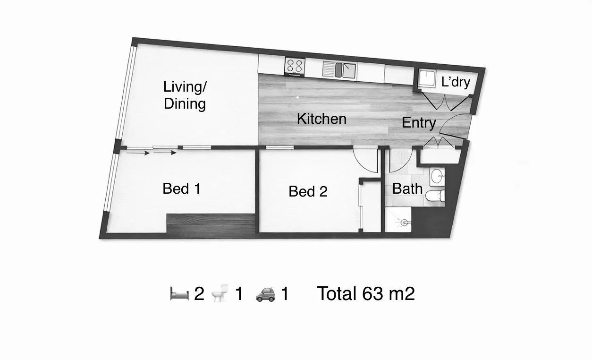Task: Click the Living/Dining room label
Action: click(x=185, y=95)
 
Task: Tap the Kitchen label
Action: click(x=321, y=119)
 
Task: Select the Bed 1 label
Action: click(x=182, y=189)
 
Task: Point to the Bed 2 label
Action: click(x=308, y=191)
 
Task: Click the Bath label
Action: click(x=407, y=189)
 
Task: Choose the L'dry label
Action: click(x=456, y=82)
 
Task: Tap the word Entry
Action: click(x=419, y=123)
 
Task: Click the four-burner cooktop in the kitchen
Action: click(x=295, y=66)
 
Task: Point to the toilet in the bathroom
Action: click(x=434, y=196)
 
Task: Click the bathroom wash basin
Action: click(x=437, y=177)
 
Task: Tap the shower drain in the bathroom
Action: click(x=404, y=221)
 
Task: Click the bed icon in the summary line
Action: click(x=179, y=294)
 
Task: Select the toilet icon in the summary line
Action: click(x=219, y=294)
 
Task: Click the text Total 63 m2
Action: click(x=366, y=294)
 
